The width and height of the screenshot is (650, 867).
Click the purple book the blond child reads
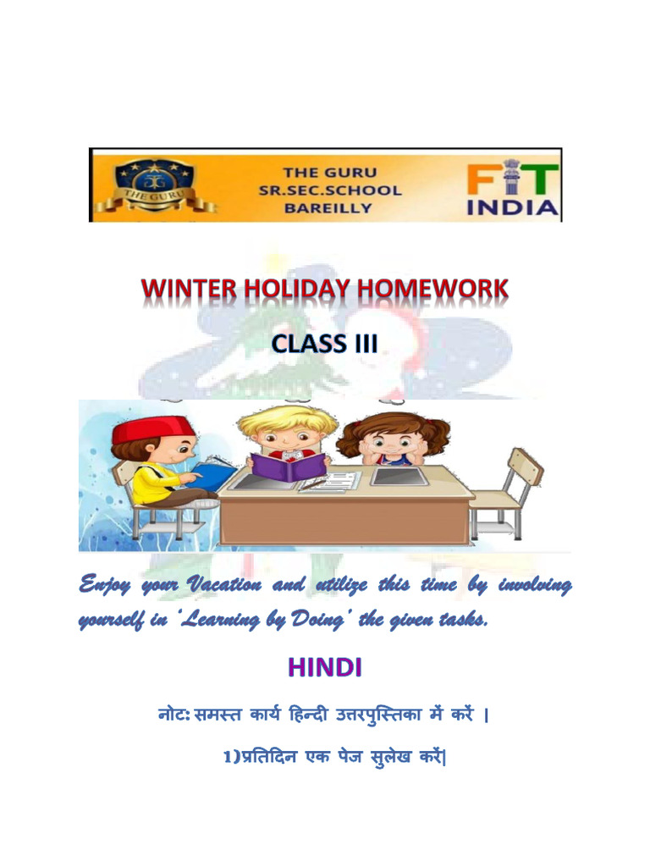pos(287,467)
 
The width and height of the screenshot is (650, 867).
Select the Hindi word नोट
pos(169,717)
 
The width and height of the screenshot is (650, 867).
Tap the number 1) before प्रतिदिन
pos(232,758)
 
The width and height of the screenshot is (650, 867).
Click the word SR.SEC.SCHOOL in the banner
pos(330,190)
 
